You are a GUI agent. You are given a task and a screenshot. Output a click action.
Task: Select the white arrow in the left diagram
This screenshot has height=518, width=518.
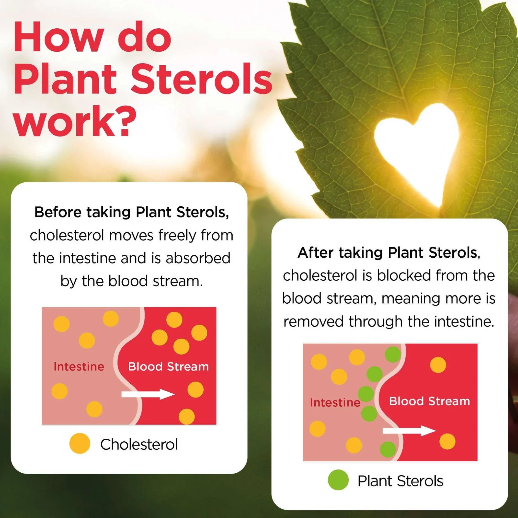click(148, 394)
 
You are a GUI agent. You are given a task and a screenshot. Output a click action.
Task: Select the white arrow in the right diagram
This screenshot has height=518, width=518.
click(409, 431)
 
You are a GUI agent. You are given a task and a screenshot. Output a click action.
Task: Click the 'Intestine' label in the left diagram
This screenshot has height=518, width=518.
click(79, 367)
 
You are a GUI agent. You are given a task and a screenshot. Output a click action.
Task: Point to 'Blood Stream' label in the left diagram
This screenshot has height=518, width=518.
click(168, 367)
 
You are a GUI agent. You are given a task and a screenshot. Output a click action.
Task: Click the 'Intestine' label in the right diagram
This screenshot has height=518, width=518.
click(335, 403)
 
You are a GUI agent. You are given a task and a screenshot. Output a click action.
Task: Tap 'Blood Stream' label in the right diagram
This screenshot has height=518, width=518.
click(430, 401)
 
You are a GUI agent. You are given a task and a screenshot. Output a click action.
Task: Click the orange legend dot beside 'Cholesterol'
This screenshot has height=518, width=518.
click(80, 443)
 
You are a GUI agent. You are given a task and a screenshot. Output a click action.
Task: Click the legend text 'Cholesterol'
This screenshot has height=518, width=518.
click(139, 444)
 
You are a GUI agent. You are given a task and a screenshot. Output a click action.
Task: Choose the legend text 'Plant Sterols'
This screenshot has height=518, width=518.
click(400, 481)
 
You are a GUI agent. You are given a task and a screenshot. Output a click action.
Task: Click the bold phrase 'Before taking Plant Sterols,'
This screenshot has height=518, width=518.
click(132, 212)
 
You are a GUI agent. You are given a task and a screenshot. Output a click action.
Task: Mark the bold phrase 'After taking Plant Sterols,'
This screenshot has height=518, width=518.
click(389, 253)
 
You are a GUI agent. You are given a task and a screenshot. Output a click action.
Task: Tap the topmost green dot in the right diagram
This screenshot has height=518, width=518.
click(393, 354)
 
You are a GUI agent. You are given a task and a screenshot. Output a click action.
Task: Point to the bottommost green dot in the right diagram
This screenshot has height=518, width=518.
click(388, 449)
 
